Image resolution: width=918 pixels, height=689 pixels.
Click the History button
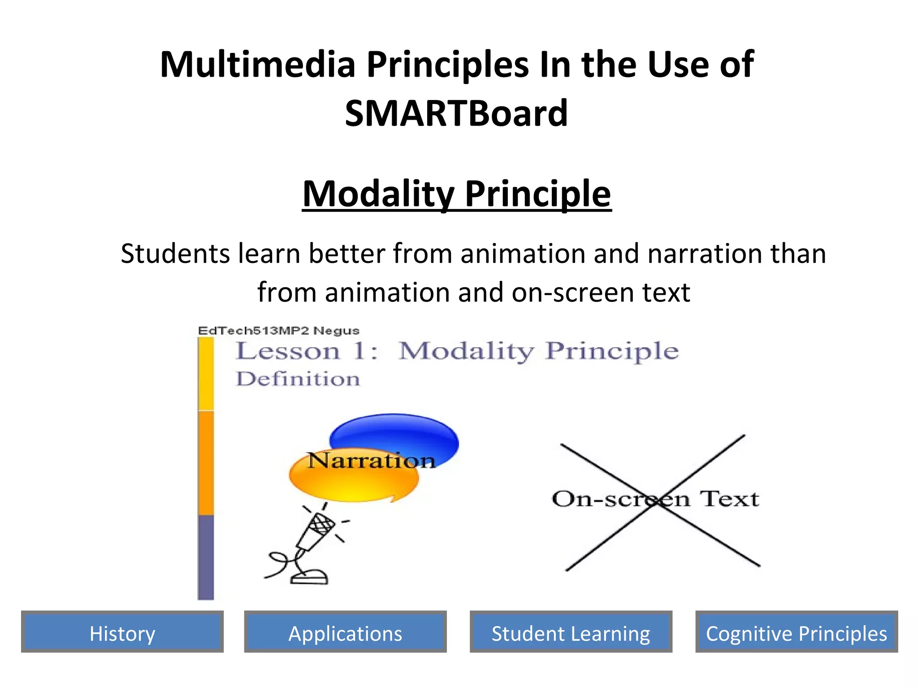(122, 632)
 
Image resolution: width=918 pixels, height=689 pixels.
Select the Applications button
(345, 632)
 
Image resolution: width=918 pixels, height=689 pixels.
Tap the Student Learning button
(571, 632)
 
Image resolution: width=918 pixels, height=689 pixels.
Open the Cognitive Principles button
(797, 632)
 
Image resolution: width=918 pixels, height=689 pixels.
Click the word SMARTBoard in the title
(456, 113)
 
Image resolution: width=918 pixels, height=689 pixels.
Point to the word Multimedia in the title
(257, 65)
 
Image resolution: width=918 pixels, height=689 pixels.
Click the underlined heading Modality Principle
(456, 194)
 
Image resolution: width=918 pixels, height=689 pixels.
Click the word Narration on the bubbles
(371, 461)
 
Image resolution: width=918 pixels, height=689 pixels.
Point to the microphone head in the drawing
(322, 524)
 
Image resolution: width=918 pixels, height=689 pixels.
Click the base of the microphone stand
(309, 577)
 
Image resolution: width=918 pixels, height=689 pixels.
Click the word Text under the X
(730, 499)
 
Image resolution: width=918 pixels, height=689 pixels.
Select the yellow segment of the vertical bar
(206, 373)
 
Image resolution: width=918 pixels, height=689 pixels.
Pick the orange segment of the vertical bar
(206, 462)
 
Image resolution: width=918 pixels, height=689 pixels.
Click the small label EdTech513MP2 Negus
(278, 331)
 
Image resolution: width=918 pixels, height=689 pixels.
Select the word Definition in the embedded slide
(298, 379)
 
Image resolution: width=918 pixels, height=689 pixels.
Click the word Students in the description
(175, 254)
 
